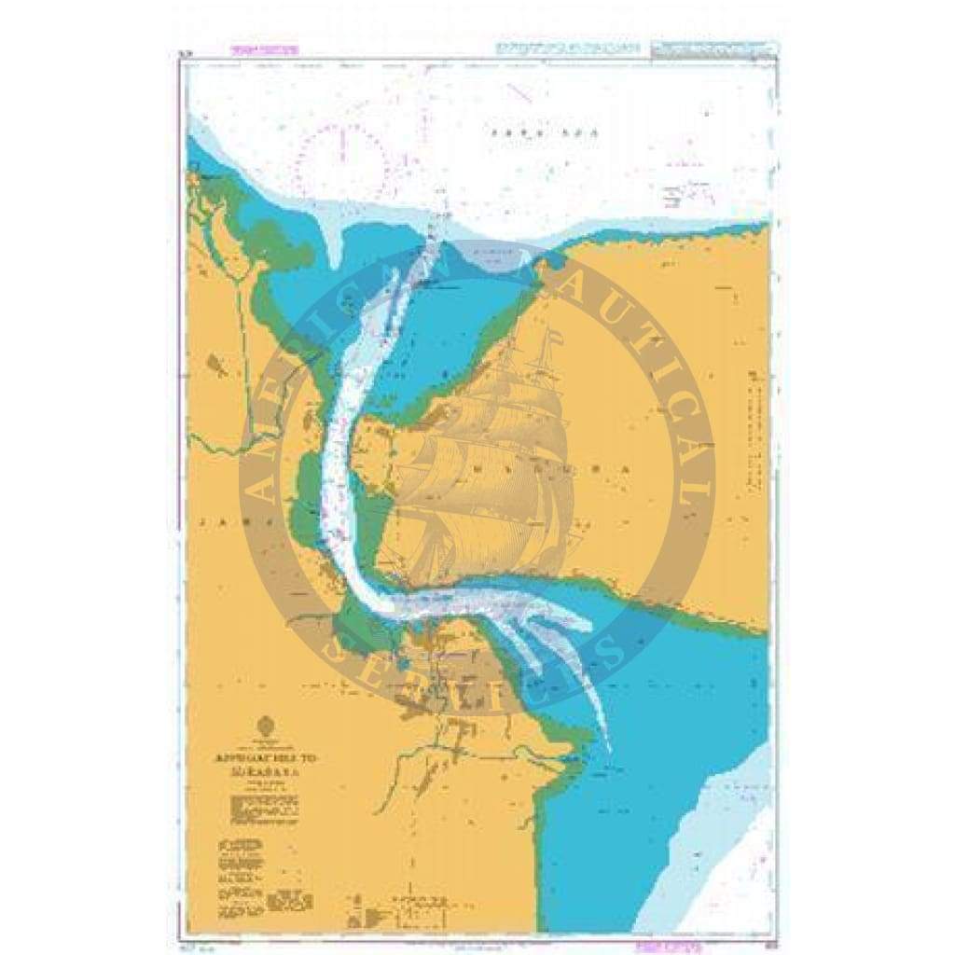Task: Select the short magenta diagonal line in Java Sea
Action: (x=518, y=94)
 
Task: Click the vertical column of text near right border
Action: (x=754, y=420)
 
